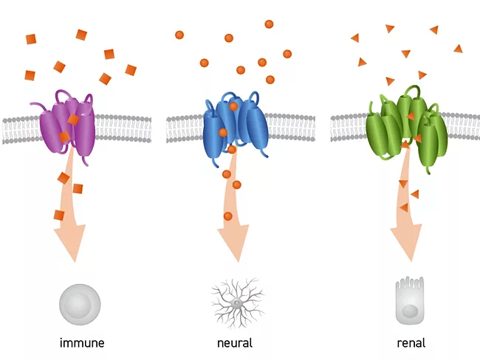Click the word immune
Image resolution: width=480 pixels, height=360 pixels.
point(82,343)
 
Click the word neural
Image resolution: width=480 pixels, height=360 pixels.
point(235,343)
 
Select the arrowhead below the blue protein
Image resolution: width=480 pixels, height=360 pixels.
point(235,243)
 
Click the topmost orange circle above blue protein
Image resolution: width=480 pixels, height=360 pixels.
point(269,24)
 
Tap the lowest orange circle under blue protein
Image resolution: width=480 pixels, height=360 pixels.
point(228,216)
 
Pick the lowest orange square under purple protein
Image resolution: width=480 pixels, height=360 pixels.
point(59,215)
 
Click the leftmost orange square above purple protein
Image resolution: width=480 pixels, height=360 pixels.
point(30,38)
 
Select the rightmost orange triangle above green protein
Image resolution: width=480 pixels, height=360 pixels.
point(459,49)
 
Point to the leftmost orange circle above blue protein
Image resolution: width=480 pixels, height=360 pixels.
point(179,35)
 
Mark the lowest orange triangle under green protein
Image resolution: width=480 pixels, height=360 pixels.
point(404,207)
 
